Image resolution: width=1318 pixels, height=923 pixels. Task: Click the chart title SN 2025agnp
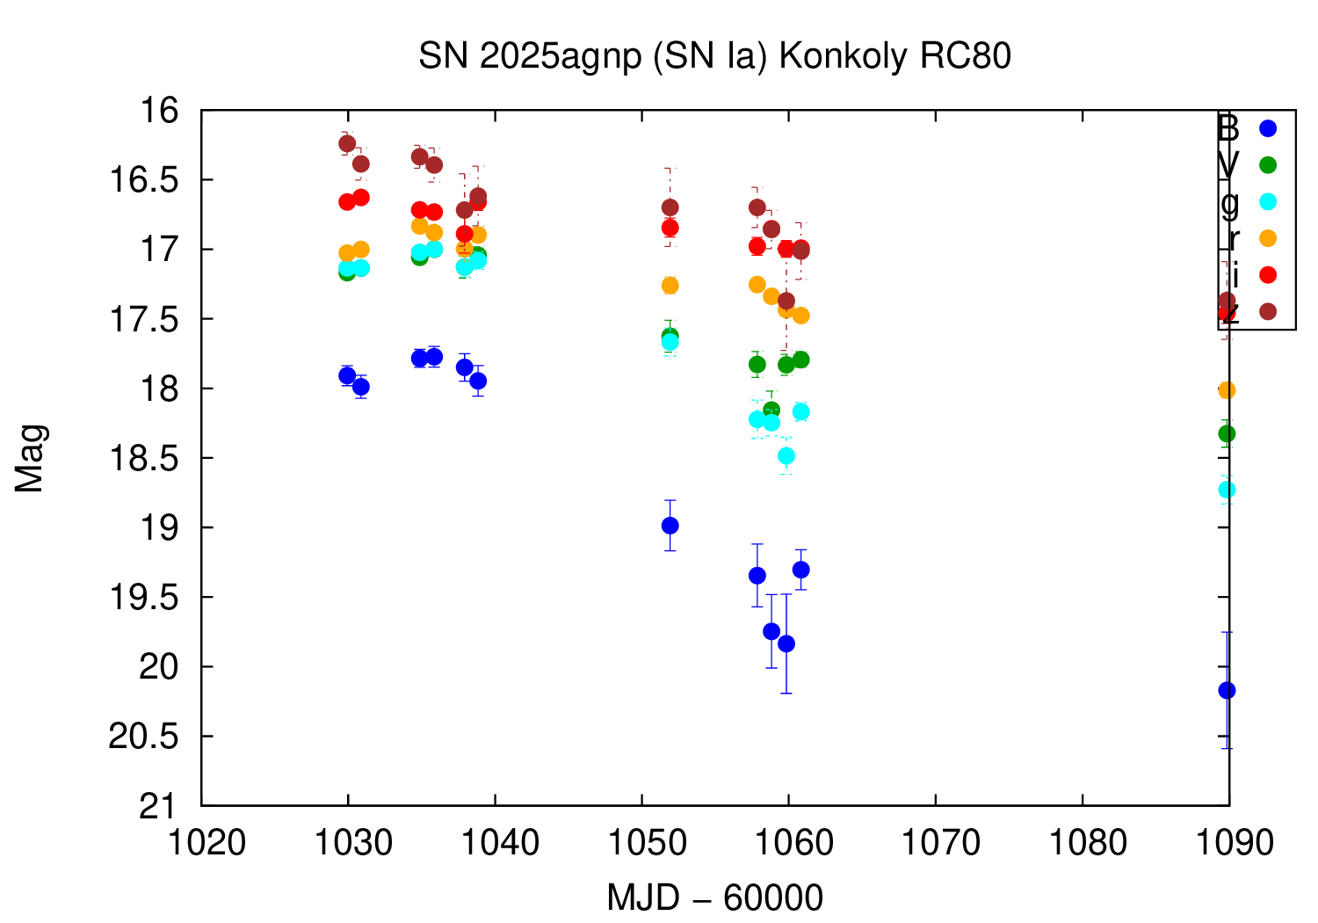click(x=714, y=56)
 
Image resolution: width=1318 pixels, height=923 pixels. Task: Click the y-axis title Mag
click(x=30, y=458)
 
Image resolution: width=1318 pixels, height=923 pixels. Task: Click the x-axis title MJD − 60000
click(x=714, y=898)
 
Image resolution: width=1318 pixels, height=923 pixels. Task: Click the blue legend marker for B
click(x=1267, y=128)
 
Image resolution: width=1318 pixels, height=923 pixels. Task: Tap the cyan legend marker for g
click(x=1267, y=201)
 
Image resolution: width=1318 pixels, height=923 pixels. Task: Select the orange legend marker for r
click(x=1267, y=238)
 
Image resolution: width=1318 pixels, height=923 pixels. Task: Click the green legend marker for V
click(x=1267, y=164)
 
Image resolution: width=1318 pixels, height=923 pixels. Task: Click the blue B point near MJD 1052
click(x=670, y=526)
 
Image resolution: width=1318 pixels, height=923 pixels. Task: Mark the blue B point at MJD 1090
click(x=1227, y=690)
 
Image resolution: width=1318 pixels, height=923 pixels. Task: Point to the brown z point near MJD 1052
click(x=670, y=207)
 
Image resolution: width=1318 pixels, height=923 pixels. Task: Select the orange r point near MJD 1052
click(x=670, y=286)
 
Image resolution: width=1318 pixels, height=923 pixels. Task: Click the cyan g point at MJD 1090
click(x=1227, y=490)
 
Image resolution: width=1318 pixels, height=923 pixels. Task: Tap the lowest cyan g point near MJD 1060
click(x=786, y=455)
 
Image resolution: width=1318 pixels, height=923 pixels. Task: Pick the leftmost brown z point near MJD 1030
click(x=347, y=143)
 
